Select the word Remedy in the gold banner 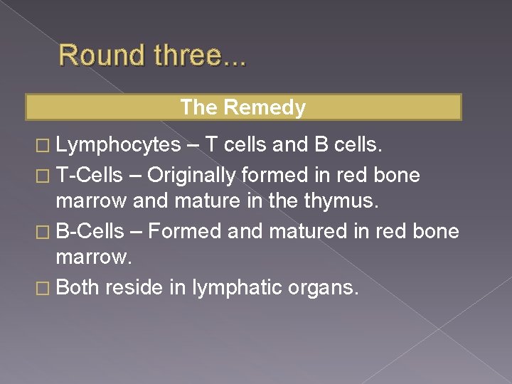pos(265,107)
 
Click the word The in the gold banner pos(198,107)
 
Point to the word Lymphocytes pos(118,146)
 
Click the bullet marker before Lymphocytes pos(45,146)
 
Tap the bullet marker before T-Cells pos(45,176)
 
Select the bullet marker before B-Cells pos(45,233)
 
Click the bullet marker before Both pos(45,289)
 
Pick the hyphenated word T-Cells pos(89,174)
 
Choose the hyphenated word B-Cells pos(89,231)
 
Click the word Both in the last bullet pos(78,287)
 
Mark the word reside pos(135,287)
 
